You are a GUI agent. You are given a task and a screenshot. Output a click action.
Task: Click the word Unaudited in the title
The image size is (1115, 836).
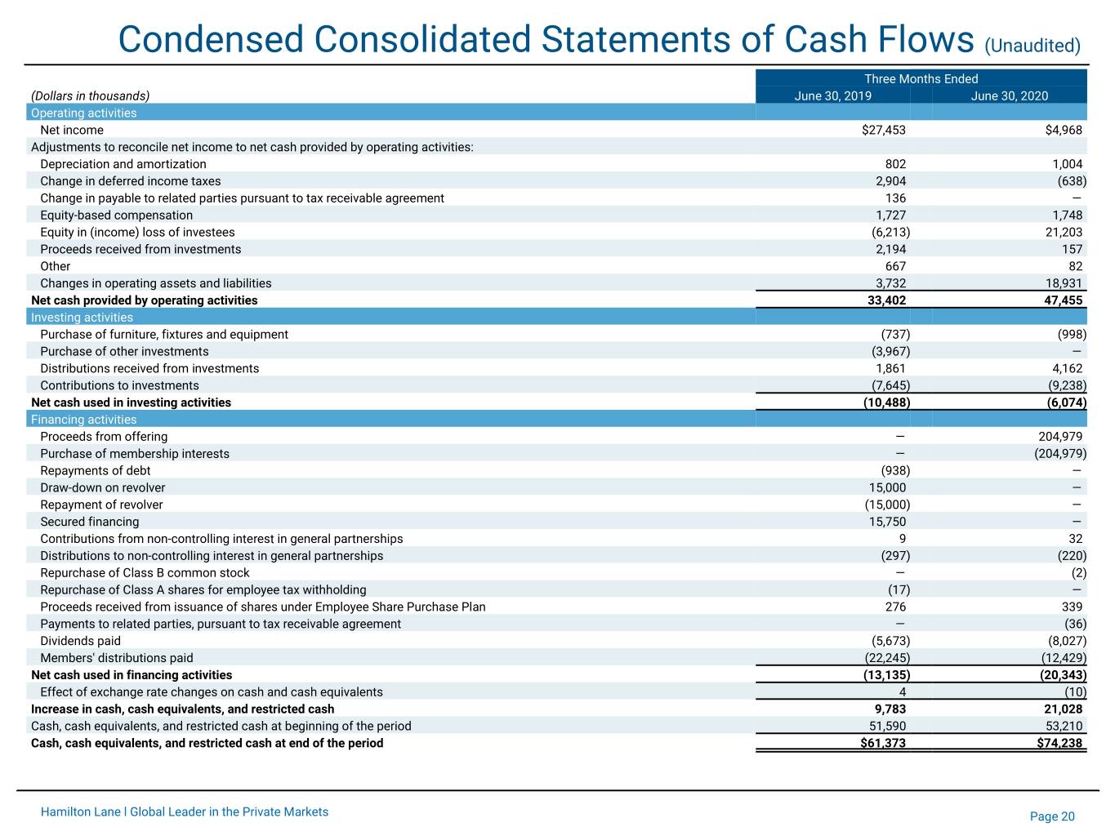click(x=1032, y=46)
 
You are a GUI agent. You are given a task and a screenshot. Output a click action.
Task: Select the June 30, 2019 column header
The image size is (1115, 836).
click(x=832, y=96)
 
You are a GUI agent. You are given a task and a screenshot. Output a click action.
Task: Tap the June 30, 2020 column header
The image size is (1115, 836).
click(x=1010, y=96)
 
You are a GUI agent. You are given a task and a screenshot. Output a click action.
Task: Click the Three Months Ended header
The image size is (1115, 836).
click(x=921, y=78)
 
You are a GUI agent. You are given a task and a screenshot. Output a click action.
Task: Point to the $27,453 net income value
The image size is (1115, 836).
click(x=883, y=130)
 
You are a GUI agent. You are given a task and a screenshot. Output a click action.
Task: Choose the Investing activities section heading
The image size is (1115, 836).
click(x=82, y=318)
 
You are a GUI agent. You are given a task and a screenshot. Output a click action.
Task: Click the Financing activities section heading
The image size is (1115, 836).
click(x=84, y=420)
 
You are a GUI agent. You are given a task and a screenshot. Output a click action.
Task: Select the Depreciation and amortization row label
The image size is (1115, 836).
click(x=123, y=164)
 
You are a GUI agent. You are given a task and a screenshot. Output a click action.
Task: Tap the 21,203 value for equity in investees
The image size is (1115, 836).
click(x=1064, y=232)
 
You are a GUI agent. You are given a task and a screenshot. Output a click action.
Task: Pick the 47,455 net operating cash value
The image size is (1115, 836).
click(x=1064, y=300)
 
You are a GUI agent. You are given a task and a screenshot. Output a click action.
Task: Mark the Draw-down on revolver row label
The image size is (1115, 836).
click(x=103, y=487)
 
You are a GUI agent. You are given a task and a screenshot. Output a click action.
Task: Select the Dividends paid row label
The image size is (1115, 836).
click(x=80, y=641)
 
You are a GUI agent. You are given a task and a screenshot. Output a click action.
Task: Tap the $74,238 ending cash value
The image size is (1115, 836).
click(x=1059, y=743)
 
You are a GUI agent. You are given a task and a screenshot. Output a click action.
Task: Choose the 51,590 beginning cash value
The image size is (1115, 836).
click(x=887, y=726)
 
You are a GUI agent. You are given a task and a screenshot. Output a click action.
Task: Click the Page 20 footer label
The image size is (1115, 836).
click(x=1052, y=816)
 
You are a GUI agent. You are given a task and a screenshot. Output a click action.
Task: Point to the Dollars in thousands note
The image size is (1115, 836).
click(x=91, y=96)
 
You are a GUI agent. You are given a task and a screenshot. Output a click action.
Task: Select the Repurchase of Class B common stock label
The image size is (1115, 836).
click(x=145, y=572)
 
